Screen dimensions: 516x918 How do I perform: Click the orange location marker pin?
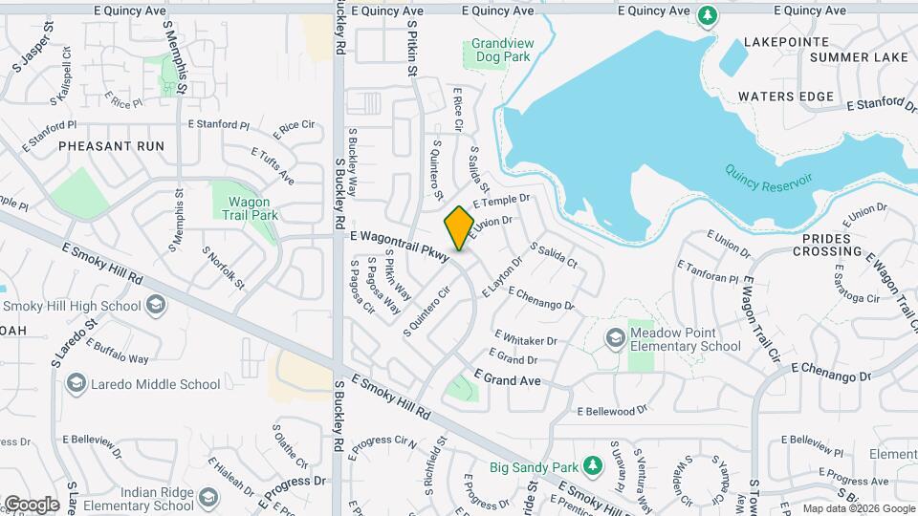coord(459,228)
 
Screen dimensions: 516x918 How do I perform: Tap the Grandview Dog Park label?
coord(500,51)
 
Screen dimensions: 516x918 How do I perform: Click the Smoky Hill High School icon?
coord(155,306)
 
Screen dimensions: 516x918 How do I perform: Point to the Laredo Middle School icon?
coord(75,384)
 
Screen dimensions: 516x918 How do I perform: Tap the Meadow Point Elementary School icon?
coord(616,337)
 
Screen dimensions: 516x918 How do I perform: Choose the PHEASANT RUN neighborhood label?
coord(111,146)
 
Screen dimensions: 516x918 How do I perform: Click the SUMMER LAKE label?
coord(858,57)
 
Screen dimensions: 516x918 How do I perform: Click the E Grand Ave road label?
coord(507,379)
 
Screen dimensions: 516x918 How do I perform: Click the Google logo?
coord(32,505)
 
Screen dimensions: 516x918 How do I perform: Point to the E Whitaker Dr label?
coord(525,338)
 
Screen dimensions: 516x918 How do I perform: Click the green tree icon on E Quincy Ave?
coord(707,14)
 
